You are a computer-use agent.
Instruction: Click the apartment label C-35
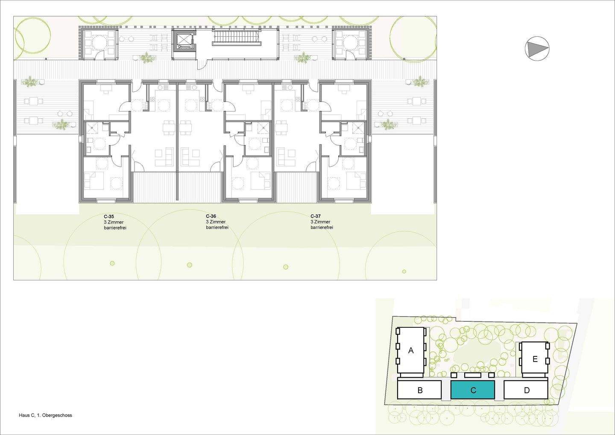click(x=109, y=217)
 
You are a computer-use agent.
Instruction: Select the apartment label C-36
click(x=211, y=216)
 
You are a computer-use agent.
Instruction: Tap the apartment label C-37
click(x=316, y=216)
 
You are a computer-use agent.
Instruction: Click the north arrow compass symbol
click(x=537, y=49)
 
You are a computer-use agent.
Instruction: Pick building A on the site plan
click(x=411, y=350)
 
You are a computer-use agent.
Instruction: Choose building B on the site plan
click(x=419, y=390)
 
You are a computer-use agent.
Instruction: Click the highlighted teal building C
click(x=473, y=390)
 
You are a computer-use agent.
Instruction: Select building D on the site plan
click(x=526, y=390)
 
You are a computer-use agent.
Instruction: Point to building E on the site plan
click(x=535, y=359)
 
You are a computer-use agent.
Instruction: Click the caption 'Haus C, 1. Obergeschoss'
click(x=45, y=415)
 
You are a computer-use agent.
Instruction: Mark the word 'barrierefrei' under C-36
click(x=217, y=228)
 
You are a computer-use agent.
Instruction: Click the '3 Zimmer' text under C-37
click(x=320, y=222)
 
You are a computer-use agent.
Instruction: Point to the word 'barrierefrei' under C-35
click(x=115, y=228)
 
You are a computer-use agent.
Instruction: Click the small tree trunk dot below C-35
click(x=112, y=263)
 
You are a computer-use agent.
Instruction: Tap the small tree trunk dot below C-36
click(x=190, y=265)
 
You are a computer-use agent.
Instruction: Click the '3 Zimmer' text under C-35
click(x=114, y=222)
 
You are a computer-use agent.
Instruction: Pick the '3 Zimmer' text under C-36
click(x=216, y=222)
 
